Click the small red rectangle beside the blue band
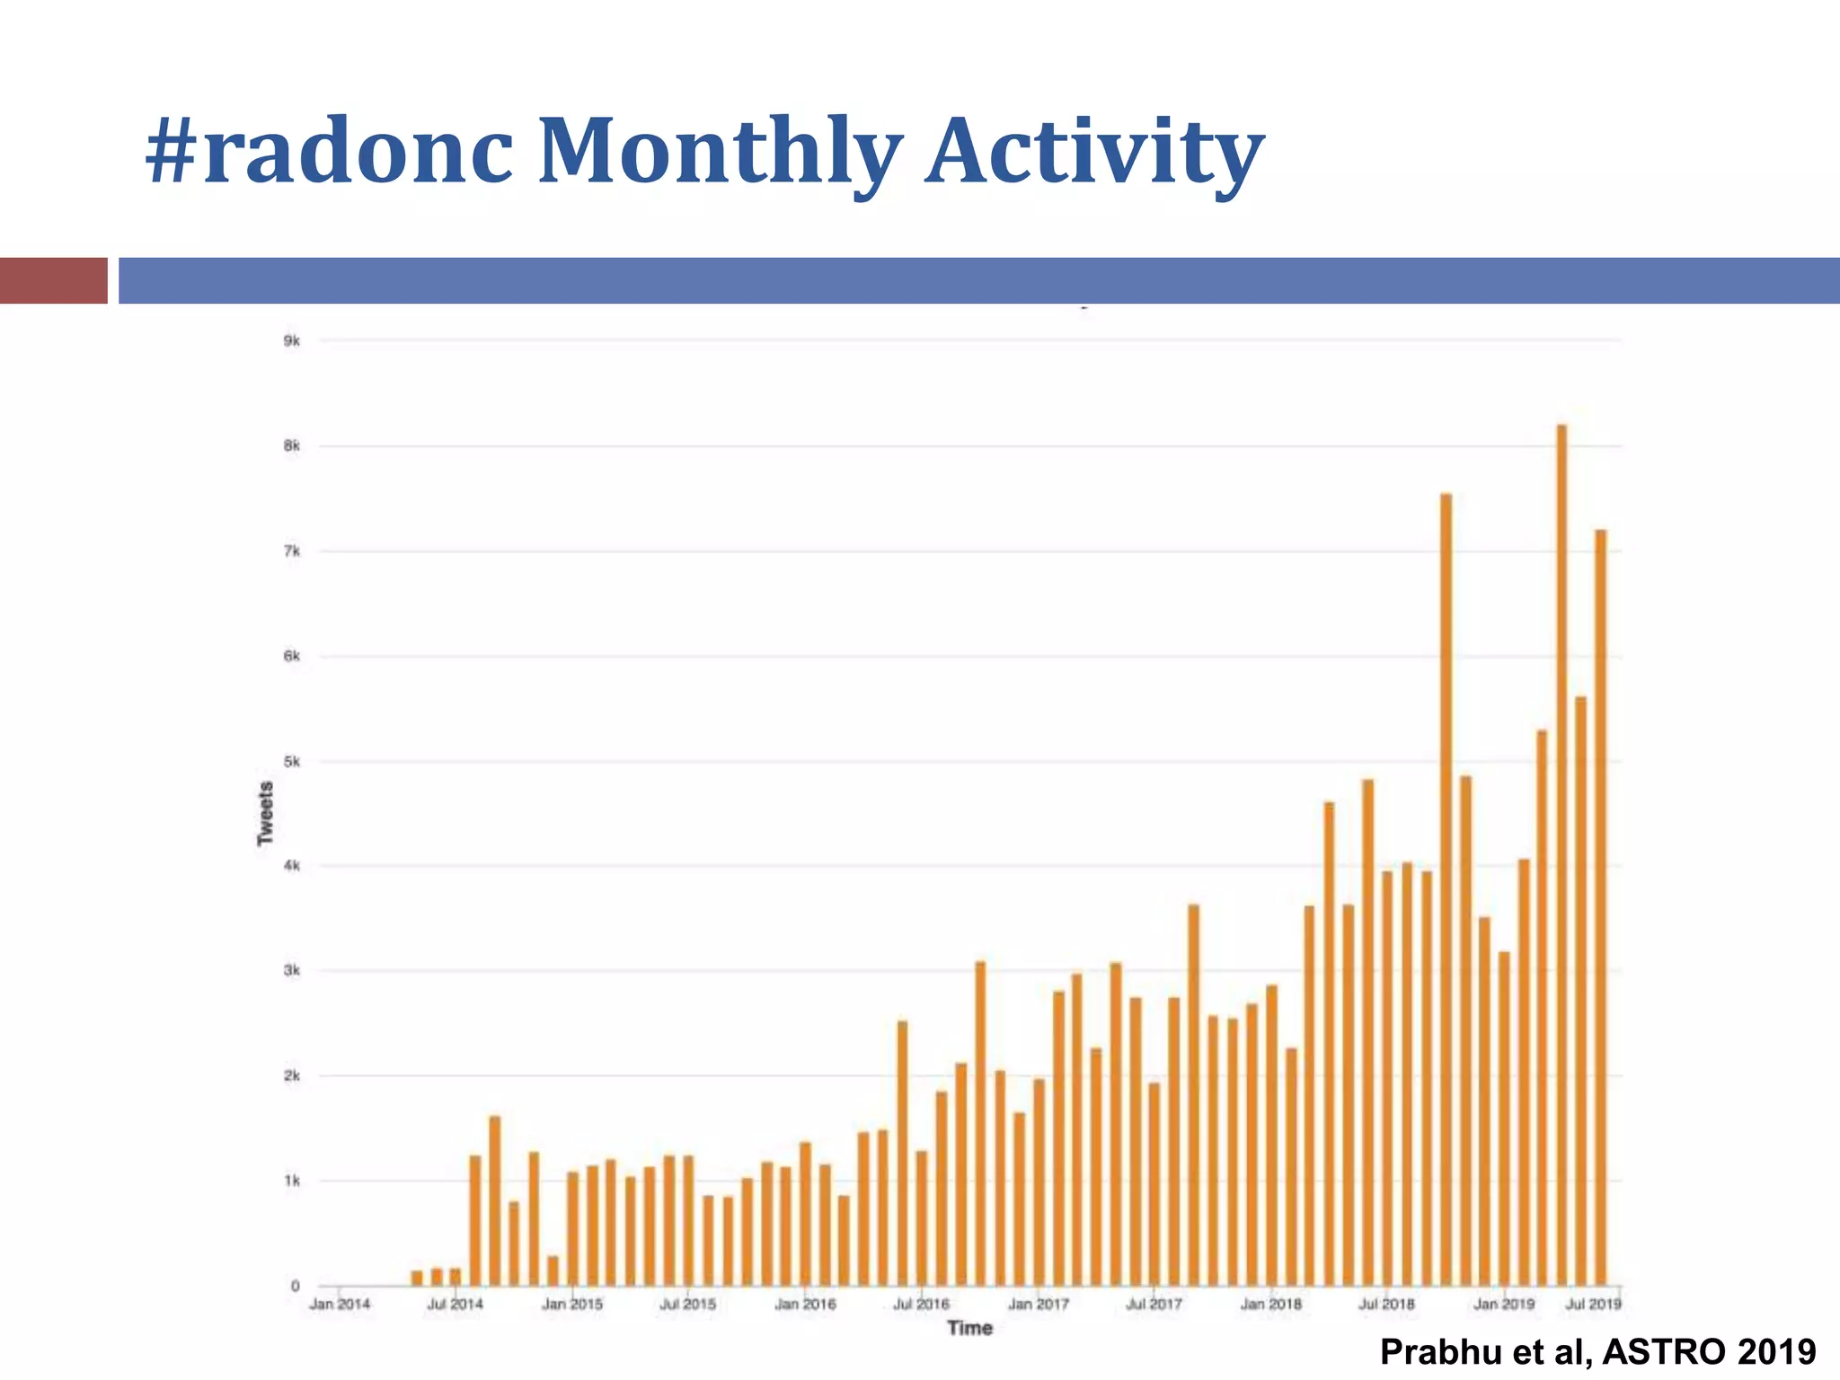[x=53, y=280]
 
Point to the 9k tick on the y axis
[x=291, y=341]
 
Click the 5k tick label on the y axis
[x=291, y=762]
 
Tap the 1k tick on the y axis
[x=291, y=1181]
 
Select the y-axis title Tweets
[x=265, y=813]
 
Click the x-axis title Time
[x=969, y=1328]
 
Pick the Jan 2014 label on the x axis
[x=340, y=1304]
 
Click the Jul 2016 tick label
[x=921, y=1304]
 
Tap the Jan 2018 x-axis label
[x=1270, y=1304]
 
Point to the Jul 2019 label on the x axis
[x=1593, y=1304]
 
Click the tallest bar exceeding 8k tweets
[x=1561, y=854]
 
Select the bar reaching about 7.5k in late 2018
[x=1446, y=889]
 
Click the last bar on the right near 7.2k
[x=1600, y=907]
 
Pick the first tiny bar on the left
[x=417, y=1278]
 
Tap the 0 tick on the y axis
[x=295, y=1286]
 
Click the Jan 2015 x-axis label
[x=572, y=1304]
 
